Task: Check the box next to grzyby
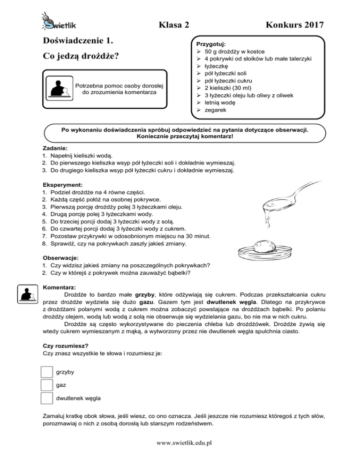[x=46, y=372]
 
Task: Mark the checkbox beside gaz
[x=46, y=385]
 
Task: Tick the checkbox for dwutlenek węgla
[x=46, y=398]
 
